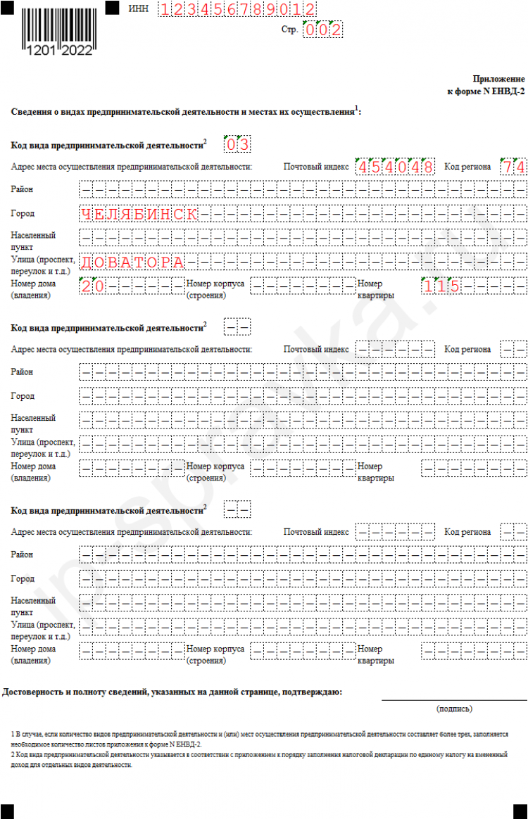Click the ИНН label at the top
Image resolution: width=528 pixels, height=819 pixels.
[x=139, y=8]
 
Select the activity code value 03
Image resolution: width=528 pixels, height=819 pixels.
[x=237, y=145]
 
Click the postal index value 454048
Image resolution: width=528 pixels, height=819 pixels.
[x=395, y=167]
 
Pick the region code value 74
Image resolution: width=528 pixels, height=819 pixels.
[x=513, y=167]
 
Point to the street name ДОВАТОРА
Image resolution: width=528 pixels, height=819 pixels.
[x=132, y=262]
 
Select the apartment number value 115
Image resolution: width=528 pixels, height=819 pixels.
[x=441, y=286]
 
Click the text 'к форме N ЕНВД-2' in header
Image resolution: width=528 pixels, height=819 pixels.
[x=486, y=91]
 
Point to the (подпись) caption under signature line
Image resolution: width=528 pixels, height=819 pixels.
[x=454, y=709]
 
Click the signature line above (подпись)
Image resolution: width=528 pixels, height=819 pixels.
[x=454, y=700]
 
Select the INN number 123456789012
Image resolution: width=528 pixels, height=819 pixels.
[x=237, y=9]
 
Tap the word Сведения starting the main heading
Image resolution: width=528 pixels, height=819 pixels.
[x=32, y=111]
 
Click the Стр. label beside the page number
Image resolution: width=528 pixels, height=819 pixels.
[x=289, y=30]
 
